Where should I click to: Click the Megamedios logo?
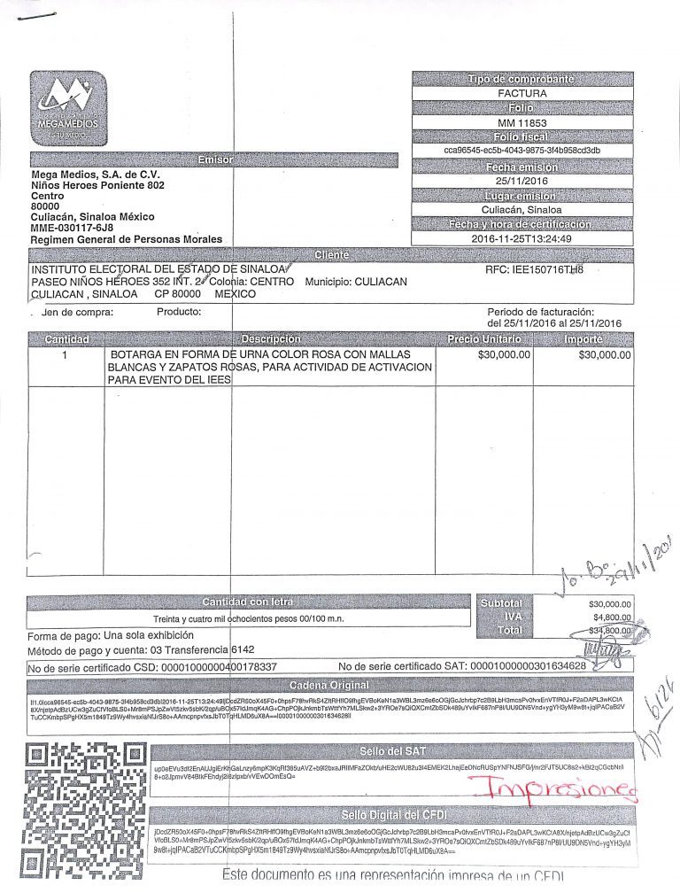coord(69,105)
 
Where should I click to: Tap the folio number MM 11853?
coord(522,122)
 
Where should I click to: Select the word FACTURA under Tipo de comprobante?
coord(522,93)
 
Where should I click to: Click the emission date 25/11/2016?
coord(522,181)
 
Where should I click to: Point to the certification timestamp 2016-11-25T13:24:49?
coord(522,238)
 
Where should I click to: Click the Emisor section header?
coord(214,160)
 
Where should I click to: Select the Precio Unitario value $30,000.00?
coord(503,354)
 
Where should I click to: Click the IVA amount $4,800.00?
coord(608,617)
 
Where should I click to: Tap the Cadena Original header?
coord(329,686)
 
